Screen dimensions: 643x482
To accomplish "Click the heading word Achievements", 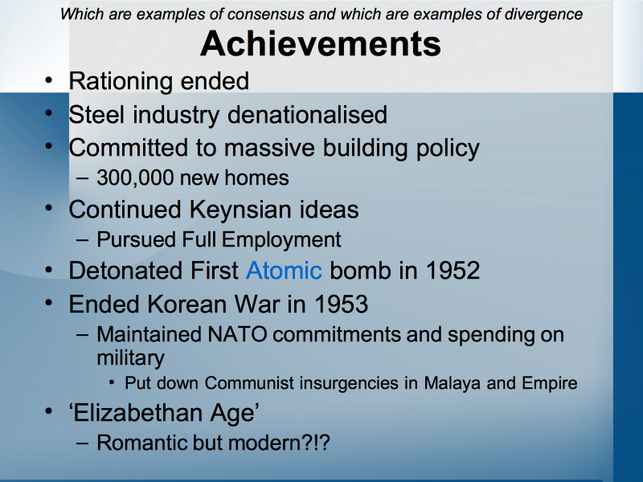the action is pos(320,43).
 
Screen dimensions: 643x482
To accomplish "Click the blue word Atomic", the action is pos(284,271).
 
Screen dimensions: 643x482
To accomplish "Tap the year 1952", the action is pos(453,271).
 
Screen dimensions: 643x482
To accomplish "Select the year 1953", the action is pos(341,304).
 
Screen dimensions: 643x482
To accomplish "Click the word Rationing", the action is pos(121,82).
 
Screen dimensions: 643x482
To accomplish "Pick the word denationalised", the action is pos(307,114).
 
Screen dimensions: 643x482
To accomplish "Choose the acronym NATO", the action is pos(237,334).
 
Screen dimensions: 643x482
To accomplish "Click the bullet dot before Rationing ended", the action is pos(49,80).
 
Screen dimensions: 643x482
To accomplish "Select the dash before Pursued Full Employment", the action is pos(82,240).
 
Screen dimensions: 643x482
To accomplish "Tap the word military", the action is pos(130,358).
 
